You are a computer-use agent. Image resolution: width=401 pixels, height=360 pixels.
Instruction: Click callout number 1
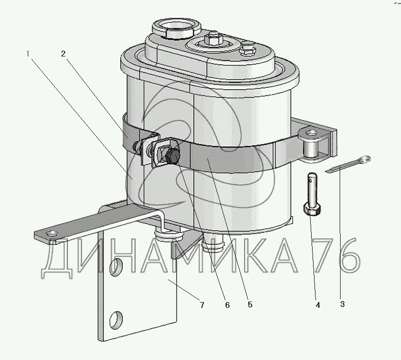point(28,54)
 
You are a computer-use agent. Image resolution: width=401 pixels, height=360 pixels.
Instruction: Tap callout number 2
point(63,54)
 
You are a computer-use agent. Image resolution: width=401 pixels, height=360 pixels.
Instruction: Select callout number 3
point(343,304)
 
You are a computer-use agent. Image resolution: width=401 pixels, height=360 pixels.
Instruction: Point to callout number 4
point(318,305)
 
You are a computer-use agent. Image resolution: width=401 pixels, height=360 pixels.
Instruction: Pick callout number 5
point(250,305)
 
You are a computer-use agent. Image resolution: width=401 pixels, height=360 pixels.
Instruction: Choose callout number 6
point(228,305)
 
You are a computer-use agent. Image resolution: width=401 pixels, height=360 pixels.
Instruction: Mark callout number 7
point(202,305)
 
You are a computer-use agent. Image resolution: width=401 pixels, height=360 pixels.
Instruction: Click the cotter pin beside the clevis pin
point(348,164)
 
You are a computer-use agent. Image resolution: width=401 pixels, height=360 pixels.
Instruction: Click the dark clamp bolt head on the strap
point(173,156)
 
